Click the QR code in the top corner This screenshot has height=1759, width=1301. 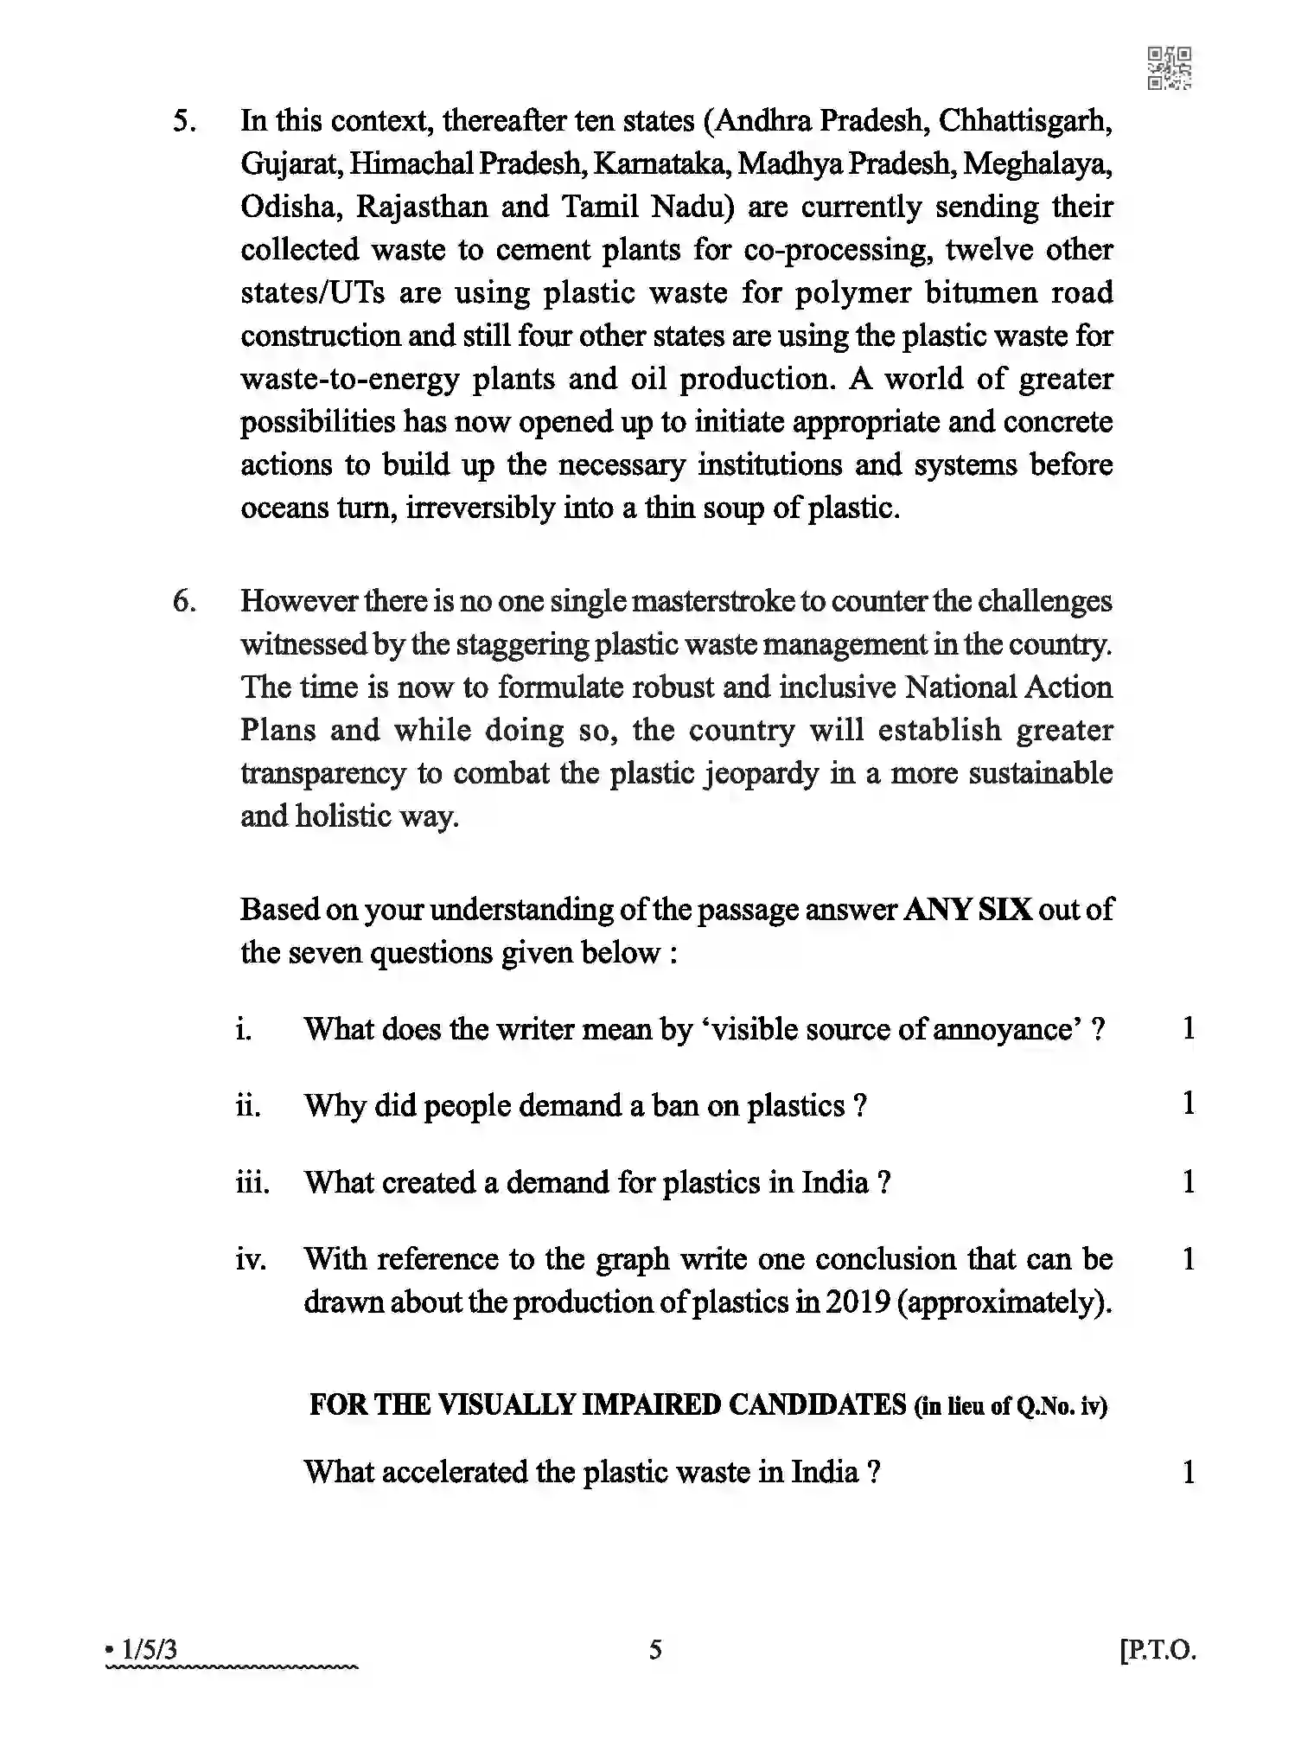click(x=1169, y=69)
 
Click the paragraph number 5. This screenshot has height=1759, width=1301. click(x=183, y=121)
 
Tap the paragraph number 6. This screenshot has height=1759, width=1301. click(x=183, y=601)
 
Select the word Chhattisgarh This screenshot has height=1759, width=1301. click(x=1025, y=121)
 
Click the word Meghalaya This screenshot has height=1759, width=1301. click(x=1037, y=164)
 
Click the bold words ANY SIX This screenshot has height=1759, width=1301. click(x=967, y=910)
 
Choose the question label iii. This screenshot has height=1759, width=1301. click(x=252, y=1182)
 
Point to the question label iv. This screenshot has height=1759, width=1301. click(x=251, y=1259)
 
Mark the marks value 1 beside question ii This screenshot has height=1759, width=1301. click(x=1189, y=1104)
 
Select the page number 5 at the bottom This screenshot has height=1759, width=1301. click(x=655, y=1650)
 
